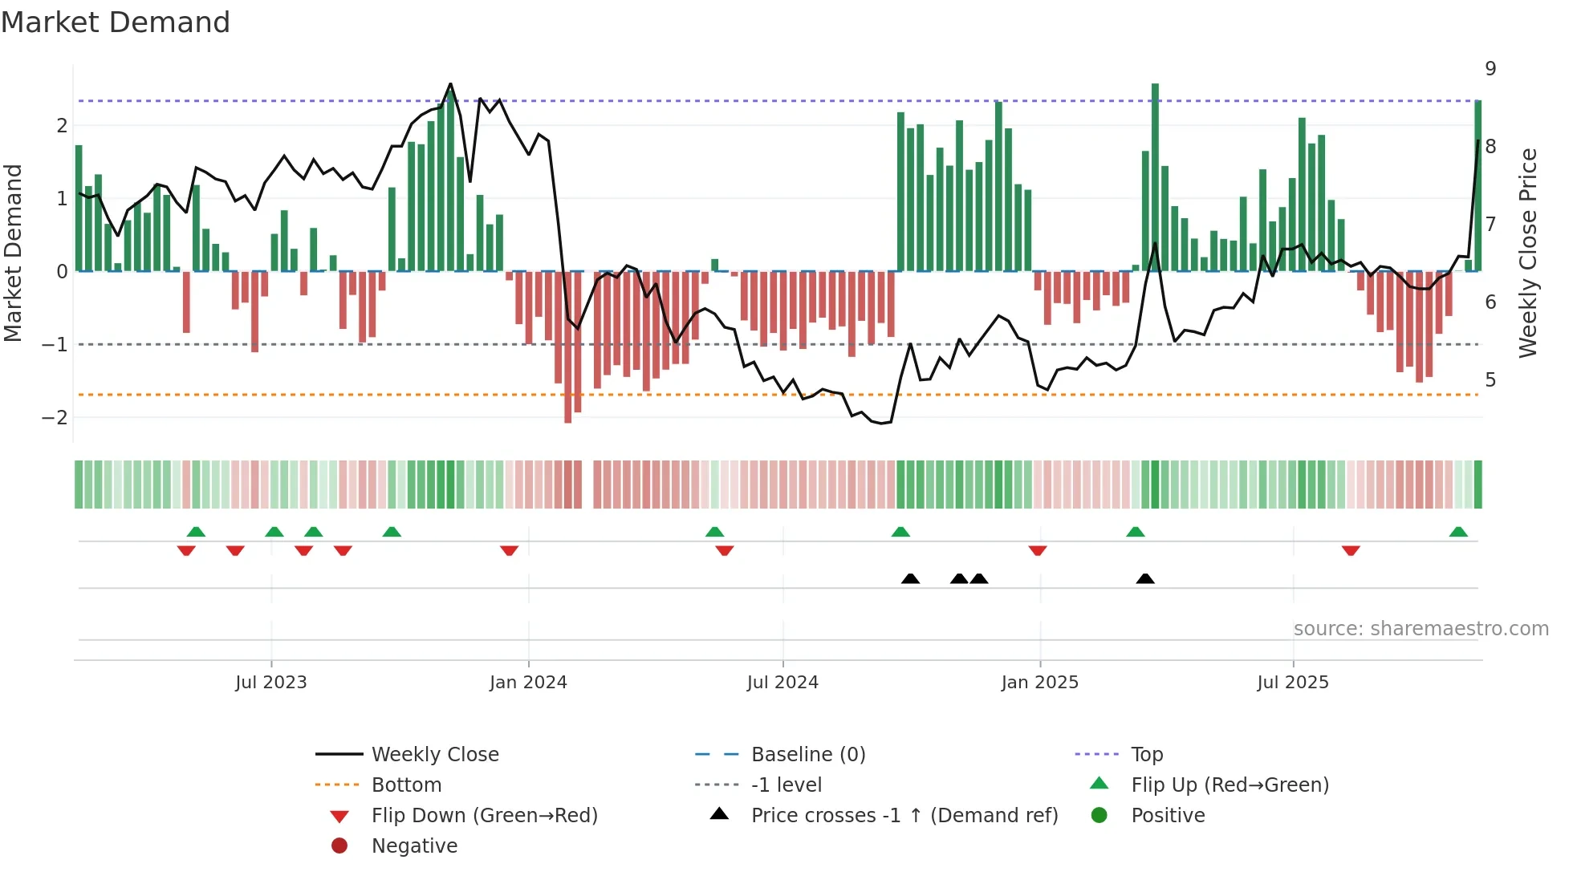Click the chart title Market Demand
pyautogui.click(x=116, y=22)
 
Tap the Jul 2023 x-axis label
pyautogui.click(x=270, y=683)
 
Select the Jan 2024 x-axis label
pyautogui.click(x=528, y=683)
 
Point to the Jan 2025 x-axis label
pyautogui.click(x=1039, y=683)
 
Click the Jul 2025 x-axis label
pyautogui.click(x=1292, y=683)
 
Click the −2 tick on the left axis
pyautogui.click(x=55, y=418)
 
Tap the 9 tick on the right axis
pyautogui.click(x=1490, y=69)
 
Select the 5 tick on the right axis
pyautogui.click(x=1490, y=379)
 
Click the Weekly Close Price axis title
pyautogui.click(x=1528, y=253)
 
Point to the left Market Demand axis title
pyautogui.click(x=14, y=253)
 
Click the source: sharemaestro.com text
pyautogui.click(x=1421, y=629)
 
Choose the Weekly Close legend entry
pyautogui.click(x=434, y=755)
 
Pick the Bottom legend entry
pyautogui.click(x=406, y=785)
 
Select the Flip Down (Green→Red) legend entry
pyautogui.click(x=484, y=816)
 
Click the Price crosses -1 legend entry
pyautogui.click(x=904, y=816)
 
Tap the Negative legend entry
pyautogui.click(x=414, y=846)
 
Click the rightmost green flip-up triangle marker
pyautogui.click(x=1458, y=532)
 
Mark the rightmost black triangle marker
pyautogui.click(x=1145, y=578)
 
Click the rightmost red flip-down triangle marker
pyautogui.click(x=1351, y=550)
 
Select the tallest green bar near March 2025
pyautogui.click(x=1155, y=176)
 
